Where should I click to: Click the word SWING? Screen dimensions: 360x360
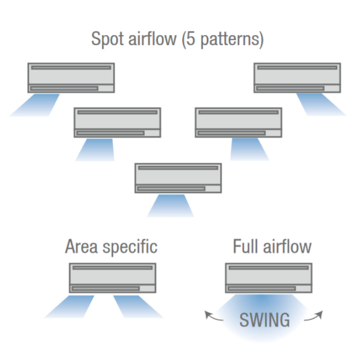tap(264, 320)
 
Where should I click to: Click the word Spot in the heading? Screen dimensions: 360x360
tap(107, 39)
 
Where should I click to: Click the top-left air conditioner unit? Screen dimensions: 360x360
tap(71, 78)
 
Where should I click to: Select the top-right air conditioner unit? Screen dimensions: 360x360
tap(297, 78)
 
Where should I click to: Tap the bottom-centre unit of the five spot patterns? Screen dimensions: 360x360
tap(178, 178)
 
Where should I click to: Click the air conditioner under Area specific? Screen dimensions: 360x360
tap(112, 278)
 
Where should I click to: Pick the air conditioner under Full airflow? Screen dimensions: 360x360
tap(269, 278)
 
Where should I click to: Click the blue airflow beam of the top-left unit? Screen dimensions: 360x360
tap(36, 105)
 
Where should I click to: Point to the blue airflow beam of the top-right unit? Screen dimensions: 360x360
tap(320, 105)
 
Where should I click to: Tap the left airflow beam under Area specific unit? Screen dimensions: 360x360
tap(70, 306)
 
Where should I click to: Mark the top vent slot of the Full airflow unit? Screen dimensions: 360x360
tap(269, 267)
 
